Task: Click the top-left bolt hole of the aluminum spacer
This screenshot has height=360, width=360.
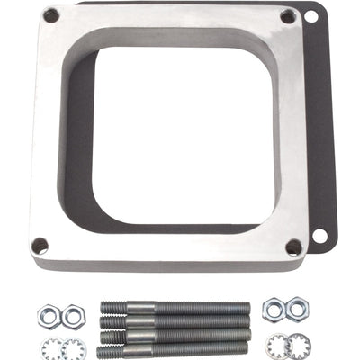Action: point(51,15)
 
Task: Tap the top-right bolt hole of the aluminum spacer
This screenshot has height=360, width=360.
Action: point(287,16)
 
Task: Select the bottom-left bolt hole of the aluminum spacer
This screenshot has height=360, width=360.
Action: point(40,245)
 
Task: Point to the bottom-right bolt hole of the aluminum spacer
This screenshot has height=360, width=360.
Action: point(292,246)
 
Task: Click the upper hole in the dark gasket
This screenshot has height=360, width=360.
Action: point(311,16)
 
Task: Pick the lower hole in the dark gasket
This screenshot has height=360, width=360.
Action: point(319,236)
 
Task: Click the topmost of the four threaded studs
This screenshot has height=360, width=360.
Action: point(175,308)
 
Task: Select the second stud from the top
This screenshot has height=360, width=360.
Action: point(175,320)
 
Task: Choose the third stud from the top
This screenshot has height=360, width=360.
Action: point(175,335)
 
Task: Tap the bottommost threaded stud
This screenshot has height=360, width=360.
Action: point(175,348)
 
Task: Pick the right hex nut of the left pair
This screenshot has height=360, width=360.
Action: point(74,315)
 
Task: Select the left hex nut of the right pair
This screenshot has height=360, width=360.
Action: point(274,310)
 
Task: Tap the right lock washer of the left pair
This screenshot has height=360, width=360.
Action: point(75,345)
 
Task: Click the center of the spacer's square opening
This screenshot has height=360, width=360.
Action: point(166,130)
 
